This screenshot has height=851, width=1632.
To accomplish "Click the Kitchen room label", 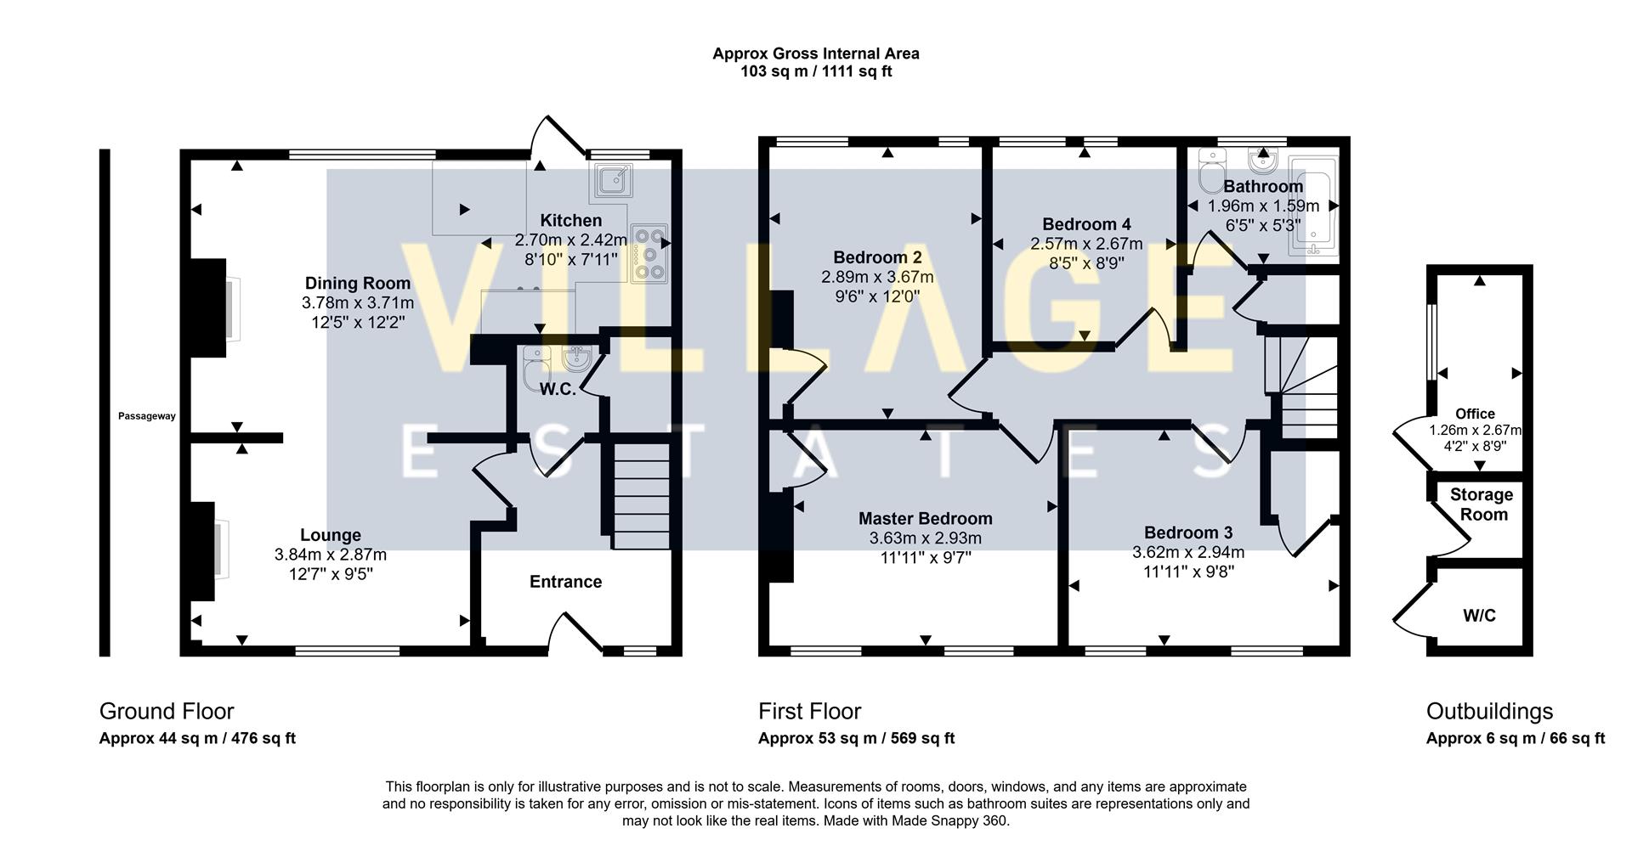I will click(x=570, y=221).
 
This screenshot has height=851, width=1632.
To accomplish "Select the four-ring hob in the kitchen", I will click(x=649, y=252).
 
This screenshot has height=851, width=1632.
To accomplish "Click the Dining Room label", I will click(x=358, y=284).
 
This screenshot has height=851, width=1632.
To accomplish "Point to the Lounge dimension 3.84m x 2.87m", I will click(x=330, y=555).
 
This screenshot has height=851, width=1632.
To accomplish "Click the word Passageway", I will click(x=147, y=416).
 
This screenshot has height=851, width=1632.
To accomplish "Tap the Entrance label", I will click(x=565, y=582).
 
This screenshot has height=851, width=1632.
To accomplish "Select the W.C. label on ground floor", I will click(x=558, y=389).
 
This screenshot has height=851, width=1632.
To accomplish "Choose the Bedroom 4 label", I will click(x=1086, y=224).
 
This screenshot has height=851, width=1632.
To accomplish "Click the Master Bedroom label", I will click(x=925, y=518).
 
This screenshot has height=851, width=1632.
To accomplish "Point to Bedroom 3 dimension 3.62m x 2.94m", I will click(x=1187, y=552).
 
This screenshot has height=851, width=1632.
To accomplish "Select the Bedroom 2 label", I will click(x=877, y=257).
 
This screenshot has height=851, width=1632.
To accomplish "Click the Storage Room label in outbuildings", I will click(x=1481, y=504).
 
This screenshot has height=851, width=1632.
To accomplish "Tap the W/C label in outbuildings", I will click(x=1479, y=615).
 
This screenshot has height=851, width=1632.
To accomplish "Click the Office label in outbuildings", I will click(x=1475, y=414).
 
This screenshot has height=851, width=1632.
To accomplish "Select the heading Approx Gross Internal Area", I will click(x=815, y=54).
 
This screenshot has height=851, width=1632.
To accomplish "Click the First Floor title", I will click(x=809, y=711).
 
